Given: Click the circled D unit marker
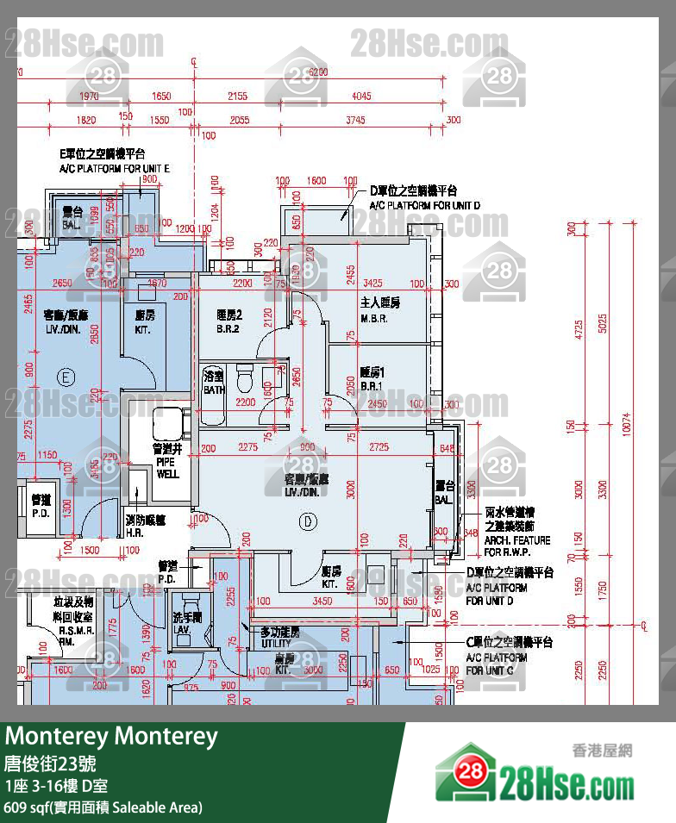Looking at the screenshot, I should click(x=307, y=521).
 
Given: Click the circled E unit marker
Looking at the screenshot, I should click(x=64, y=376).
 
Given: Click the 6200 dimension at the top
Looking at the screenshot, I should click(x=318, y=72).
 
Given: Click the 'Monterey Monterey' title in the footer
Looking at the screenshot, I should click(x=112, y=737).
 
